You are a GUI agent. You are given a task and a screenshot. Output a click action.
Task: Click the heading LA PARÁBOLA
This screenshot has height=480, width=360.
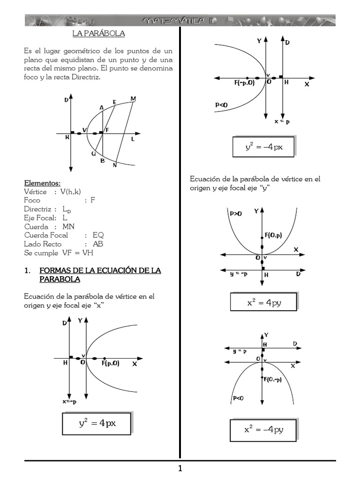coord(98,34)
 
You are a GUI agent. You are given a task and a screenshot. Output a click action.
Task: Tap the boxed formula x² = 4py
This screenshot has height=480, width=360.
coord(263,302)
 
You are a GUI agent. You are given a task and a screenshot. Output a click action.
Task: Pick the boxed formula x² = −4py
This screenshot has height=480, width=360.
coord(263,429)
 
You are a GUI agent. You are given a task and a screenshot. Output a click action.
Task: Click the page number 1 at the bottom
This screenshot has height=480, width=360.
coord(180,468)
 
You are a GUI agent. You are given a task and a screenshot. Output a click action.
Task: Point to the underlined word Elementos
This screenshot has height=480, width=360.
coord(42,183)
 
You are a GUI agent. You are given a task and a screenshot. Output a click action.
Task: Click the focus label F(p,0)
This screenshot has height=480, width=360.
coord(111,363)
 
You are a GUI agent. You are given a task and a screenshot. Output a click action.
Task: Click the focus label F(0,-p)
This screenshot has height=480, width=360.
coord(273,380)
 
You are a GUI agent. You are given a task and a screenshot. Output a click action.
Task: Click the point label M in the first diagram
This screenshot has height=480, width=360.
coord(133,98)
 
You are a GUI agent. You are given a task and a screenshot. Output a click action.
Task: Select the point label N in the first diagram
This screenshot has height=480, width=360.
coord(115,165)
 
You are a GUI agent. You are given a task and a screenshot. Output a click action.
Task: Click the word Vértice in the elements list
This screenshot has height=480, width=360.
coord(35,192)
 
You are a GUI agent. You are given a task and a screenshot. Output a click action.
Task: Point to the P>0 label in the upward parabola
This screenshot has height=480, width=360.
coord(236,213)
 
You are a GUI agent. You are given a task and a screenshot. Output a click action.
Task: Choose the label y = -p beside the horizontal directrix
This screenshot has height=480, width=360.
coord(239,274)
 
